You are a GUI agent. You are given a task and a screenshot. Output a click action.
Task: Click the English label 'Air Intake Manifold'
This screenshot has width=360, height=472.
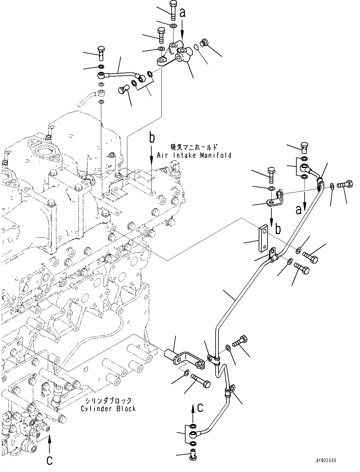194,155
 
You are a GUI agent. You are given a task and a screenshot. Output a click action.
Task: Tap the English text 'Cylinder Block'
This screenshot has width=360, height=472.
108,408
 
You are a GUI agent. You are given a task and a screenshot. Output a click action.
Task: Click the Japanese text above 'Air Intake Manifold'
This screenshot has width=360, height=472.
194,147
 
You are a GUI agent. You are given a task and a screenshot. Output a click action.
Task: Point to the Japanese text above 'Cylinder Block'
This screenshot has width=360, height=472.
109,401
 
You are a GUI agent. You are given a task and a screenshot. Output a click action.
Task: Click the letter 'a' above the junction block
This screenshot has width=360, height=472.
182,13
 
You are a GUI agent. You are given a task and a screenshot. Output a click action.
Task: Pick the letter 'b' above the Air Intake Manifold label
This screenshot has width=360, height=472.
152,138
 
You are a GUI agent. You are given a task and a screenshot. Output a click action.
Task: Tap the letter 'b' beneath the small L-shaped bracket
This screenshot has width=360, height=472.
278,229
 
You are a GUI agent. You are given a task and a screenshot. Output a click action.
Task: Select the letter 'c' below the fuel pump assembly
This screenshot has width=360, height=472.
49,461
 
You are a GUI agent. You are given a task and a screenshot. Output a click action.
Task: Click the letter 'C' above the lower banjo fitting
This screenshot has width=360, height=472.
200,408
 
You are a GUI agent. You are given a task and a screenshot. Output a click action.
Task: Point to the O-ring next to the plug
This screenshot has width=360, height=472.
196,48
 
